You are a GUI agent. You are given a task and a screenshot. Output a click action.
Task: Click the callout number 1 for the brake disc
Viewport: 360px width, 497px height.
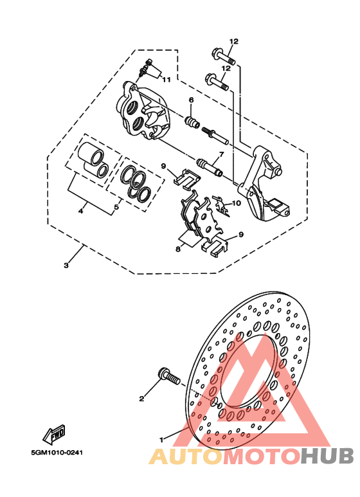coord(161,440)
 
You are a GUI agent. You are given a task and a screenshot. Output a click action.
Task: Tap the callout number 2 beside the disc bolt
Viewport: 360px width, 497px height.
coord(141,399)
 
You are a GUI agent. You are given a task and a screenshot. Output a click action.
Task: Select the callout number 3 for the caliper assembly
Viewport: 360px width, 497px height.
coord(66,265)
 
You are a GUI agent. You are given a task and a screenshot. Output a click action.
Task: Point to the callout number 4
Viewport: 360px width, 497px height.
coord(81,211)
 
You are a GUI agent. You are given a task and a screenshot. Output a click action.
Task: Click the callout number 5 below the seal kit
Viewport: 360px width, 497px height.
coord(116,207)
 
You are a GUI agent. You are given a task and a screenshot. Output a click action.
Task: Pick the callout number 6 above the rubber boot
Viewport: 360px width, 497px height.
coord(191,100)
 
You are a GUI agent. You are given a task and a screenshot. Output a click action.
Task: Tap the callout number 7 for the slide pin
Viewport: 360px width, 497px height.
coord(221,154)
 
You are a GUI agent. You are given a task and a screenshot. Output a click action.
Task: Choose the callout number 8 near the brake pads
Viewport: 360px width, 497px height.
coord(178,249)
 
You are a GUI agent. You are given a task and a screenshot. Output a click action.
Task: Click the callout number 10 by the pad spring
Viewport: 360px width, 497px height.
coord(237,203)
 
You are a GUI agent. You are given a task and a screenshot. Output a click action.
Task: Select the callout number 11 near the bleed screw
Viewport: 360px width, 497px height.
coord(166,80)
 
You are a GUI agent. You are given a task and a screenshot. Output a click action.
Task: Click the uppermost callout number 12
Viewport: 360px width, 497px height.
coord(234,42)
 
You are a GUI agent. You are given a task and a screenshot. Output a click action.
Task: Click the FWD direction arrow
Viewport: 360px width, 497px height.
coord(54,433)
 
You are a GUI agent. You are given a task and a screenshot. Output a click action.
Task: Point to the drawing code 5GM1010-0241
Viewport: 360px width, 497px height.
coord(57,453)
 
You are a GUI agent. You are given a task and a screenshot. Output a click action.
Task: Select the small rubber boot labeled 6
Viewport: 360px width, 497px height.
coord(192,122)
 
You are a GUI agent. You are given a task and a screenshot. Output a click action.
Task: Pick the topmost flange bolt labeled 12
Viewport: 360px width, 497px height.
coord(223,56)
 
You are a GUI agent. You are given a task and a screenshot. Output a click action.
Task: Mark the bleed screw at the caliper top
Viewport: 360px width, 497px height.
coord(144,69)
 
